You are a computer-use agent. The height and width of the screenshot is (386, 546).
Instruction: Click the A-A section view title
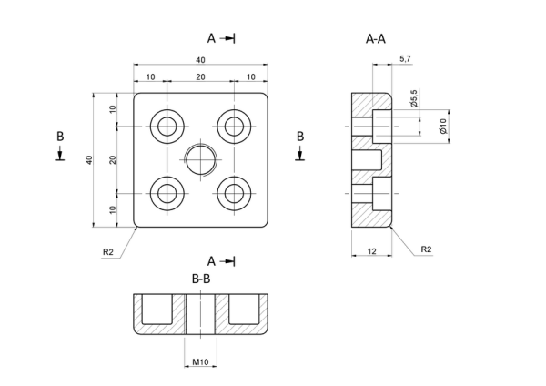(x=376, y=38)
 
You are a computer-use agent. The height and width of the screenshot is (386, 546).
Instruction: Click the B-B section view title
(x=201, y=279)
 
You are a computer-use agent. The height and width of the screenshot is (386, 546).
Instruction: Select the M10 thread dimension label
(x=200, y=362)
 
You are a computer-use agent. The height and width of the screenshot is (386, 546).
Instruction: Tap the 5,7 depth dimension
(x=405, y=59)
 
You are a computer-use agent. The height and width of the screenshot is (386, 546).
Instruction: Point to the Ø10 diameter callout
(x=443, y=126)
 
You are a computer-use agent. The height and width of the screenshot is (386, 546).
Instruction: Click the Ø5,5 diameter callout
(x=414, y=98)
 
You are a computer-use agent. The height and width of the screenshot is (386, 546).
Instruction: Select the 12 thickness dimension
(x=372, y=251)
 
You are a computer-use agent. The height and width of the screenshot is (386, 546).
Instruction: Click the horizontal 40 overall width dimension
(x=200, y=60)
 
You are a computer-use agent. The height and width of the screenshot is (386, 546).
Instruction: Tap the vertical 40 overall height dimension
(x=89, y=160)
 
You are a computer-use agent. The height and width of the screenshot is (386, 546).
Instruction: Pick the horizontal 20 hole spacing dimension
(x=200, y=76)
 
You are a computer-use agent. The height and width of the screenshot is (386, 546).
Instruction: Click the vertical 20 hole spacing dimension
(x=112, y=160)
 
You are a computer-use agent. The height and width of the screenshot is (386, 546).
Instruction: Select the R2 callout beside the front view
(x=108, y=252)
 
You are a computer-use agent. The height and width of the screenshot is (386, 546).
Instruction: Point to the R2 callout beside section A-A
(x=426, y=249)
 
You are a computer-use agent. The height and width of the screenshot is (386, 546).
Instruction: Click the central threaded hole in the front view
(x=201, y=160)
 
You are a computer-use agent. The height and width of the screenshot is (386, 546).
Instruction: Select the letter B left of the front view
(x=60, y=137)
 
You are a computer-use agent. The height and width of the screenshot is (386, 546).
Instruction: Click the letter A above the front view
(x=211, y=38)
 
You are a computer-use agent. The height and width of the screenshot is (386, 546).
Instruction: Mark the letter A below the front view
(x=211, y=261)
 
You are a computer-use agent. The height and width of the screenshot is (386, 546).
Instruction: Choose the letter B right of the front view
(x=300, y=137)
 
